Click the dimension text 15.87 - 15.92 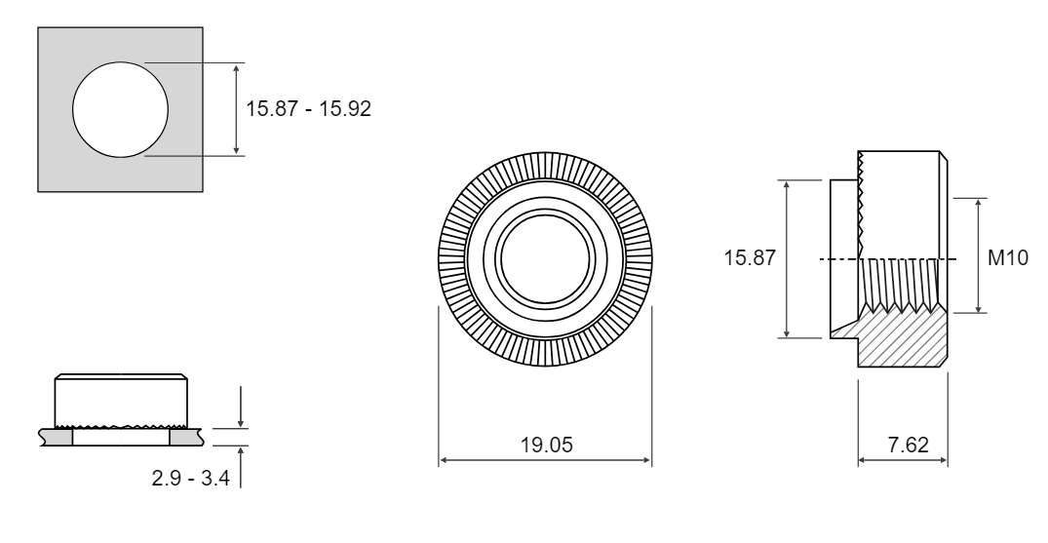pyautogui.click(x=308, y=108)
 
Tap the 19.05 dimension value pyautogui.click(x=547, y=446)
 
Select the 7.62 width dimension pyautogui.click(x=908, y=445)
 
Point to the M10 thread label pyautogui.click(x=1008, y=257)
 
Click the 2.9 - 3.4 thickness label pyautogui.click(x=190, y=478)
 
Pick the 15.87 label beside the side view pyautogui.click(x=750, y=257)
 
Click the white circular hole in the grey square pyautogui.click(x=120, y=109)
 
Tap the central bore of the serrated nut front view pyautogui.click(x=545, y=259)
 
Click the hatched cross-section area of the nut pyautogui.click(x=903, y=337)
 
